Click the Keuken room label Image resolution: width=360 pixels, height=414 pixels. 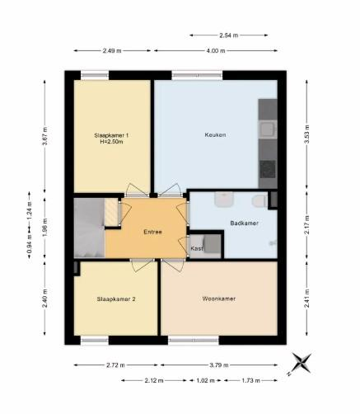pyautogui.click(x=215, y=134)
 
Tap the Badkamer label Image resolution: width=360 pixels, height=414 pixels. pyautogui.click(x=244, y=223)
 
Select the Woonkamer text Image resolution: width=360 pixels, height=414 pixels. pyautogui.click(x=219, y=299)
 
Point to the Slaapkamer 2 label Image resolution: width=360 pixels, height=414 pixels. pyautogui.click(x=116, y=299)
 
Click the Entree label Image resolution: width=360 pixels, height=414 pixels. pyautogui.click(x=152, y=232)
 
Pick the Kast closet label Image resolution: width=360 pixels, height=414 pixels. pyautogui.click(x=197, y=248)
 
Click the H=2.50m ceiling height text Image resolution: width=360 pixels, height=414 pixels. pyautogui.click(x=111, y=142)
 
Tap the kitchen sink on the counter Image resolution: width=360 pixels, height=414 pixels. pyautogui.click(x=267, y=129)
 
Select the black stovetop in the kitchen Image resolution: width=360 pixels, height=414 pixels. pyautogui.click(x=268, y=169)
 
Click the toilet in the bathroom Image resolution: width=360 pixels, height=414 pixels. pyautogui.click(x=259, y=200)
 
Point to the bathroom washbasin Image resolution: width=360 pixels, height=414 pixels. pyautogui.click(x=224, y=199)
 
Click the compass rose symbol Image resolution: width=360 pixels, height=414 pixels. pyautogui.click(x=301, y=363)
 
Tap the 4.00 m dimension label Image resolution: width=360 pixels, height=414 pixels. pyautogui.click(x=216, y=50)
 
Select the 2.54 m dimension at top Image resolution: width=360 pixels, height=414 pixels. pyautogui.click(x=228, y=35)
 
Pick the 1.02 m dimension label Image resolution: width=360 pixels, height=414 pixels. pyautogui.click(x=205, y=380)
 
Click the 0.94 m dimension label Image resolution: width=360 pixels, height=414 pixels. pyautogui.click(x=30, y=243)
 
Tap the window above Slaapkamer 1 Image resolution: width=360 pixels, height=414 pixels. pyautogui.click(x=95, y=75)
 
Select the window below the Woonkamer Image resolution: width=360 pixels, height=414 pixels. pyautogui.click(x=194, y=341)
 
